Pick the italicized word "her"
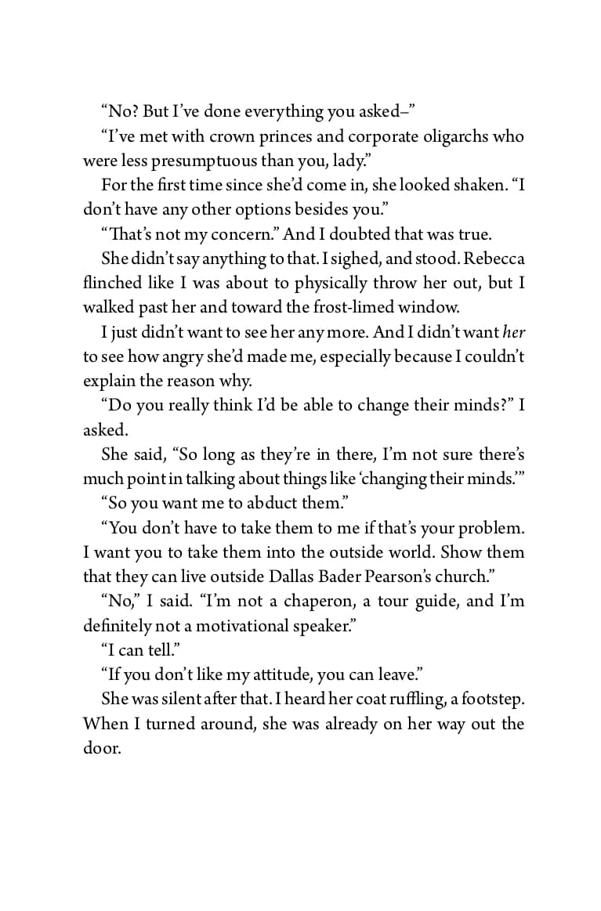tap(513, 332)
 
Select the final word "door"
tap(101, 748)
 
